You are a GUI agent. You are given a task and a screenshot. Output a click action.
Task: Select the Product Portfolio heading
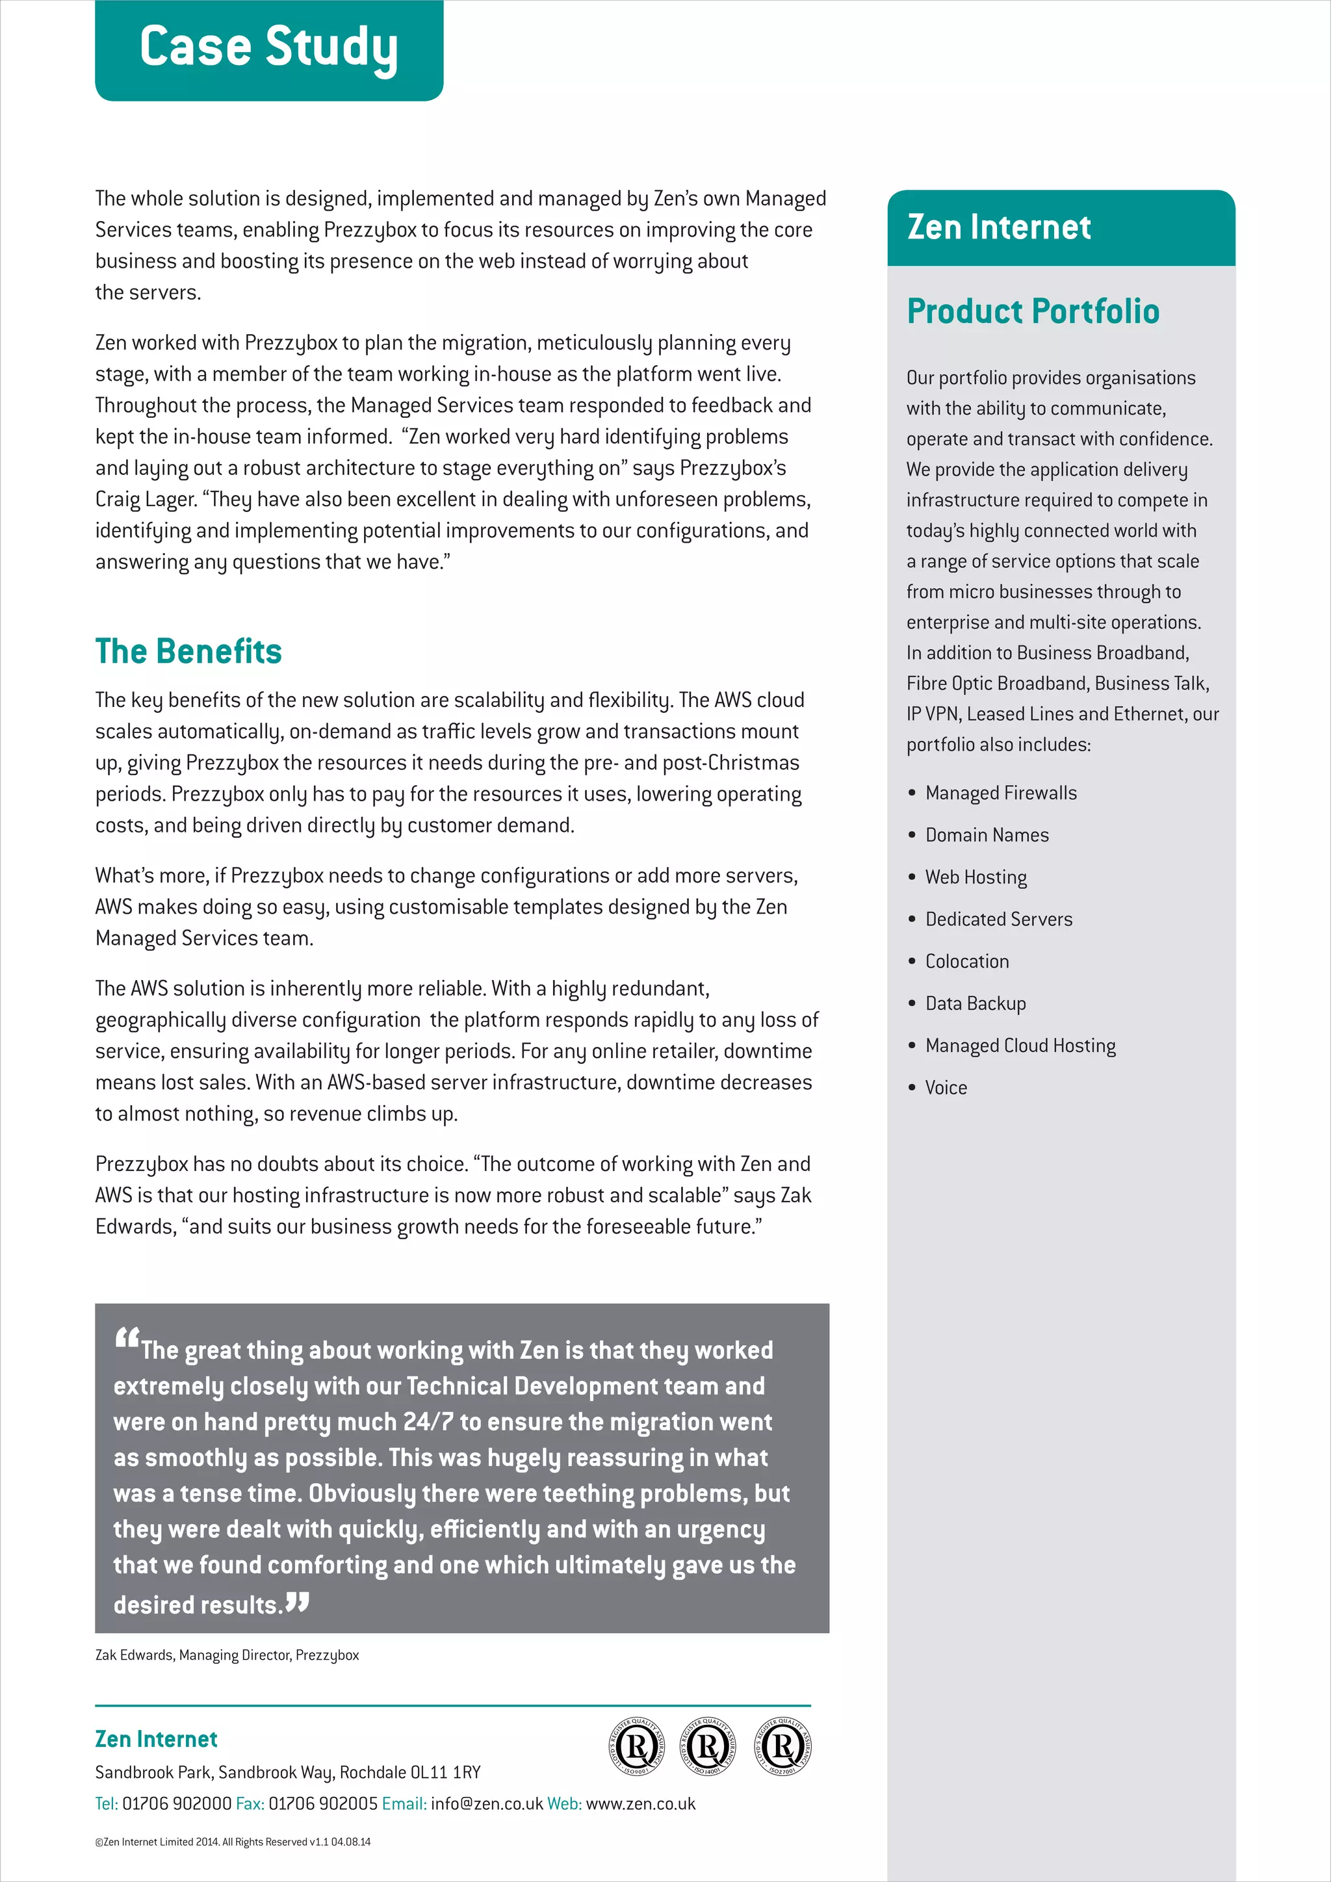1033,311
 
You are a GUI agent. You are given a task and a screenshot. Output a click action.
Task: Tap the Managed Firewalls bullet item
1000,793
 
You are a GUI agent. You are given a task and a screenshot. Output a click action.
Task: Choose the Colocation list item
966,962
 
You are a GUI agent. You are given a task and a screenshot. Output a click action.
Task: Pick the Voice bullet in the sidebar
946,1088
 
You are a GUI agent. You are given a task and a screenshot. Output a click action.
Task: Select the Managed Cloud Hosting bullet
1020,1046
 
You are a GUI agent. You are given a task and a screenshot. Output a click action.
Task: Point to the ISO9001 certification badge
636,1747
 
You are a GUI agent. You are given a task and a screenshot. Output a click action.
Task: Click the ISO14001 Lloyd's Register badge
708,1747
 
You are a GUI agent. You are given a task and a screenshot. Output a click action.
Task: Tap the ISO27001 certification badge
782,1747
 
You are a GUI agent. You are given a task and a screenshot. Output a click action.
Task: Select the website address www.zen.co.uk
640,1803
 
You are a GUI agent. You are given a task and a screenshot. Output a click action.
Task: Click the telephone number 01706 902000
177,1803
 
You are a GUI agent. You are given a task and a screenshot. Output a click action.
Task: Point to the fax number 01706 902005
323,1803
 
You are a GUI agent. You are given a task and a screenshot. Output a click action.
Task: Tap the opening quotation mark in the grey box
127,1339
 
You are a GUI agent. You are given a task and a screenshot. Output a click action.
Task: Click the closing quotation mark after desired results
298,1602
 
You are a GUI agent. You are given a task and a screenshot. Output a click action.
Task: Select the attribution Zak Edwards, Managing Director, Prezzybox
227,1655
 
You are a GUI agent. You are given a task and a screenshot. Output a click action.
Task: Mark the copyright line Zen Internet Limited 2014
233,1842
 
